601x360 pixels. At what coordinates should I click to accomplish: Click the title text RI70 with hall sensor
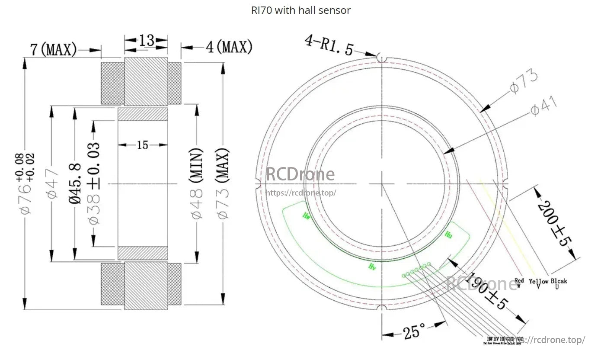(300, 10)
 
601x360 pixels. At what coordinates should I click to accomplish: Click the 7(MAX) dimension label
(53, 49)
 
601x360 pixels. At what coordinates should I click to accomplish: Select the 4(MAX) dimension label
(229, 47)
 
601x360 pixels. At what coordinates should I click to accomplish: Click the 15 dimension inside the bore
(142, 145)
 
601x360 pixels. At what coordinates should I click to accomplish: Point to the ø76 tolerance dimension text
(26, 183)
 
